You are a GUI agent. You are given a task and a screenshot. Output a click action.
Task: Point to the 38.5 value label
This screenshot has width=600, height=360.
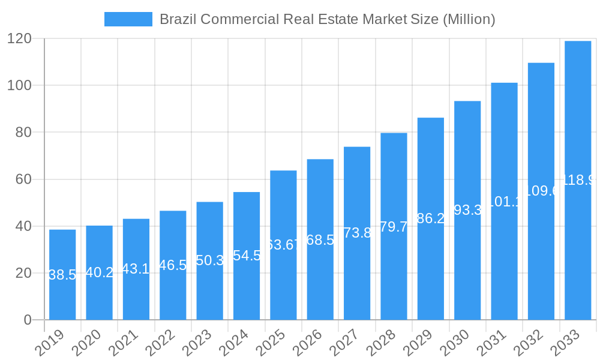[62, 275]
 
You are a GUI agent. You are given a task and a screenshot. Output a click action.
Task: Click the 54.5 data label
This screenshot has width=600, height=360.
[247, 256]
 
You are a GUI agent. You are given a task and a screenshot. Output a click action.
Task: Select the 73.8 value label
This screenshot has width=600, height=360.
[357, 233]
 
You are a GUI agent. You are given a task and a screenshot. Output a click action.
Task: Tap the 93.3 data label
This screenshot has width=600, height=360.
[467, 210]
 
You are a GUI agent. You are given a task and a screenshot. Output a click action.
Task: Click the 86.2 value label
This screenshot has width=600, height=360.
[431, 218]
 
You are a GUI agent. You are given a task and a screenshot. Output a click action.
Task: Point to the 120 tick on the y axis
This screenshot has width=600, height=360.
[19, 38]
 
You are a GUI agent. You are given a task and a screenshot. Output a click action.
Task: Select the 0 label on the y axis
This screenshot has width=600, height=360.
[28, 320]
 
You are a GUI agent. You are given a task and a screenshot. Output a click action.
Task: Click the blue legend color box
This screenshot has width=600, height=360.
[128, 19]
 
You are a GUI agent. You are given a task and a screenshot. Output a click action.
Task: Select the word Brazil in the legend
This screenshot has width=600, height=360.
[178, 19]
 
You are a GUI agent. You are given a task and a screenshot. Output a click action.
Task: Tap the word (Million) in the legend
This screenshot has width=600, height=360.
[469, 19]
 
